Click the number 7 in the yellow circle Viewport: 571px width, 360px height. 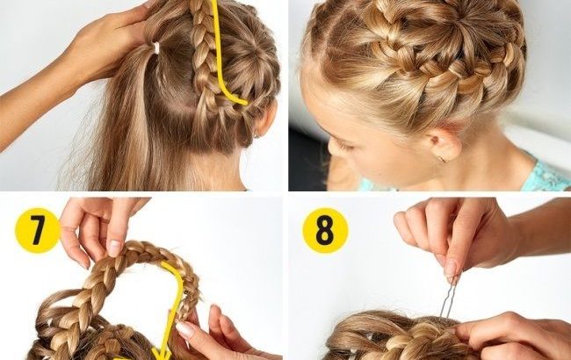pyautogui.click(x=38, y=230)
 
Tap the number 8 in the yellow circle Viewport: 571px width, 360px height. pyautogui.click(x=325, y=230)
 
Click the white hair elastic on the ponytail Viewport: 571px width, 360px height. pyautogui.click(x=156, y=47)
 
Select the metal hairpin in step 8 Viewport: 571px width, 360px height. pyautogui.click(x=448, y=298)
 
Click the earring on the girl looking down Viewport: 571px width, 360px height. pyautogui.click(x=441, y=159)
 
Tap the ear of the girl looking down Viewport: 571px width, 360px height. pyautogui.click(x=444, y=145)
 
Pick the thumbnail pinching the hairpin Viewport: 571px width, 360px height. pyautogui.click(x=450, y=268)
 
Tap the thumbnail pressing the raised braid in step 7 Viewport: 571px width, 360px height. pyautogui.click(x=114, y=248)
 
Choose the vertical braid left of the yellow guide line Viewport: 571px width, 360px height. pyautogui.click(x=203, y=54)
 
